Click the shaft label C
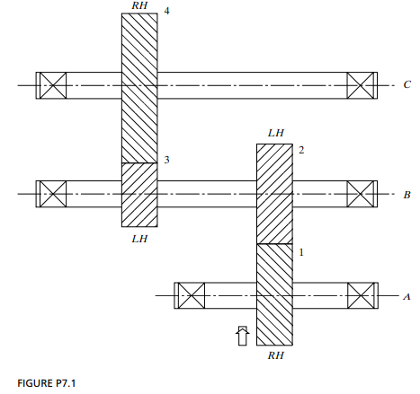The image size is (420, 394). [407, 84]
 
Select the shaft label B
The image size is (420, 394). [407, 195]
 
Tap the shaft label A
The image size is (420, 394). [407, 297]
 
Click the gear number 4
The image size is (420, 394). [166, 11]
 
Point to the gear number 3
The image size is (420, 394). [166, 160]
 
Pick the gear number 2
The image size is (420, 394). [301, 150]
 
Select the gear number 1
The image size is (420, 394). [301, 252]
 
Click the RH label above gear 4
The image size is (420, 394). [139, 5]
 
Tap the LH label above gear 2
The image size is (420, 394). [276, 133]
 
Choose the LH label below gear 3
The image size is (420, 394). [139, 239]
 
